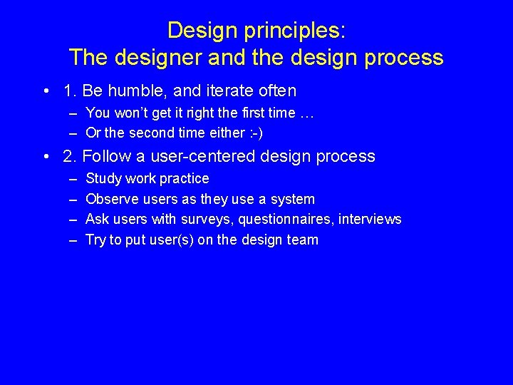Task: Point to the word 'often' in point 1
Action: pyautogui.click(x=278, y=91)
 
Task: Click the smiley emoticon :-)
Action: pyautogui.click(x=253, y=133)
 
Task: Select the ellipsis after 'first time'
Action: pyautogui.click(x=307, y=113)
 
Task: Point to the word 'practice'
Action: pyautogui.click(x=185, y=178)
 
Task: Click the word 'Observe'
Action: pyautogui.click(x=113, y=199)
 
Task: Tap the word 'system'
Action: pyautogui.click(x=293, y=199)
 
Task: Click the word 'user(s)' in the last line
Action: pyautogui.click(x=171, y=240)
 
